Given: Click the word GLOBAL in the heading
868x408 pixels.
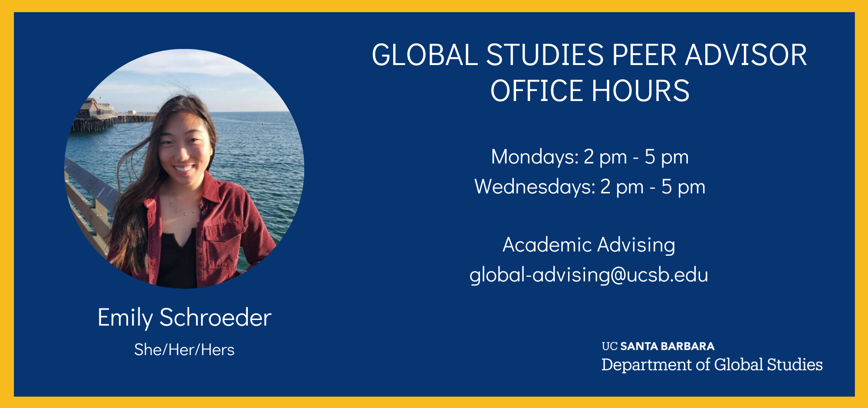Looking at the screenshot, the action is (x=424, y=55).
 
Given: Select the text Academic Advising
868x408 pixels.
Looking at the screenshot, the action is (x=589, y=245).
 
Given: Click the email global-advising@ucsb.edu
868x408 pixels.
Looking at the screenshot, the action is (x=589, y=275).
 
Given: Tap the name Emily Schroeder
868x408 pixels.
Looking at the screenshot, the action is (x=184, y=318).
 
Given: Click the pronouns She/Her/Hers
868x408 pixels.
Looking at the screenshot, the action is (x=184, y=350).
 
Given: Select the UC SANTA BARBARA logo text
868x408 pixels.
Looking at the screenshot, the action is (x=658, y=346).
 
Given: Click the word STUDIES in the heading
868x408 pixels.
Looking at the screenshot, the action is (x=545, y=55).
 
